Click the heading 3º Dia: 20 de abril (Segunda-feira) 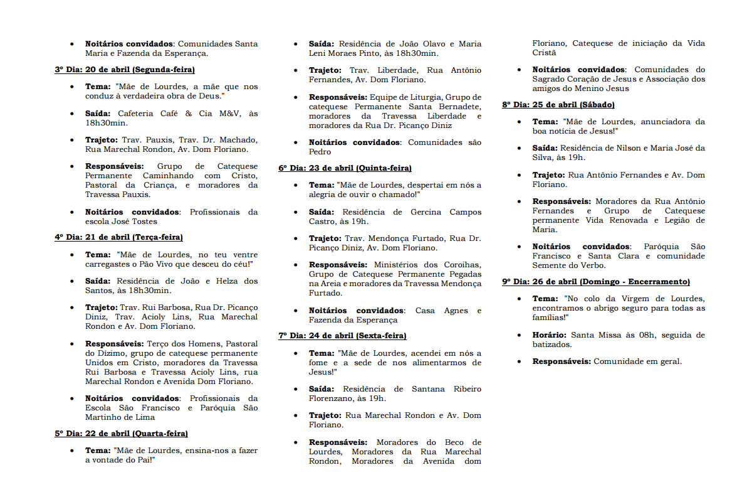125,70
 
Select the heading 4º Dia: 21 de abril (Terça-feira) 119,237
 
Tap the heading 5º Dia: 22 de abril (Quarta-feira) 122,434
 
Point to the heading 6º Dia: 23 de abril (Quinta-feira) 345,168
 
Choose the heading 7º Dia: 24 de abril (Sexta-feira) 343,336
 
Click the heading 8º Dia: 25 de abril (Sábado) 558,105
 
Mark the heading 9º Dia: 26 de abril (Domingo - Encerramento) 596,282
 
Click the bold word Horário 550,335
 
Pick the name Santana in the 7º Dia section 428,389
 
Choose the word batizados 552,344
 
